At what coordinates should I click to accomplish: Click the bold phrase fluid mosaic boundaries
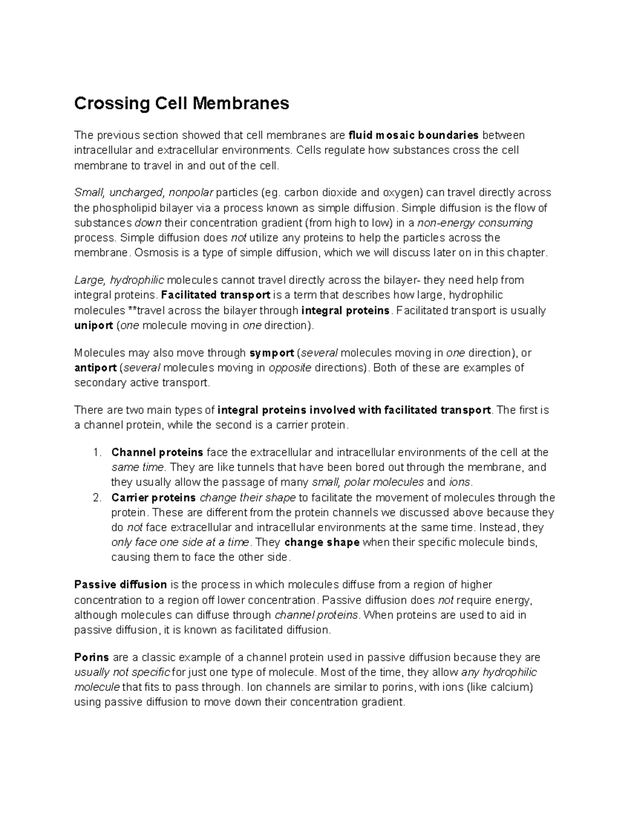[414, 135]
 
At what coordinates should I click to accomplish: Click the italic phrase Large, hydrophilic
[119, 280]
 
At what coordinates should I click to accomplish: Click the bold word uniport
[94, 325]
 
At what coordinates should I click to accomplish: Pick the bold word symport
[271, 352]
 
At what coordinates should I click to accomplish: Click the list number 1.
[96, 452]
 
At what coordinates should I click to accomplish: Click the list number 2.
[96, 498]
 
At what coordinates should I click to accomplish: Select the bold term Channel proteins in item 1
[157, 452]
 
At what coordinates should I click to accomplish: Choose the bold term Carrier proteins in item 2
[154, 498]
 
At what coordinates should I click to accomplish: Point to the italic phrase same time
[138, 467]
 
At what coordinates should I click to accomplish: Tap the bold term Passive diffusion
[120, 584]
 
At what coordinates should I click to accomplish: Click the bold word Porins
[91, 657]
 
